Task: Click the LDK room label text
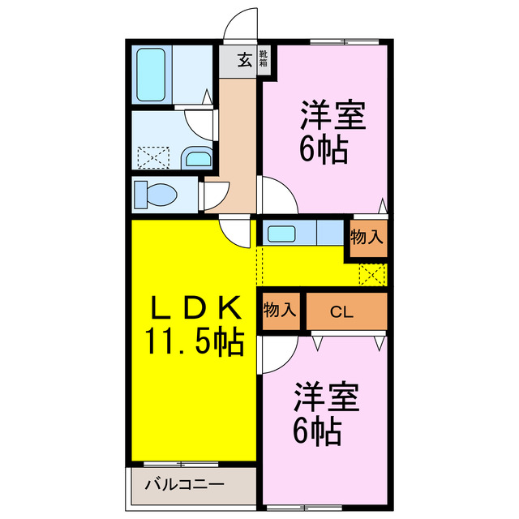pyautogui.click(x=195, y=308)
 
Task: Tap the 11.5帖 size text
pyautogui.click(x=195, y=343)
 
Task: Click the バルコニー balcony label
pyautogui.click(x=184, y=487)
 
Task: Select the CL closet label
pyautogui.click(x=341, y=311)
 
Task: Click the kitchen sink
pyautogui.click(x=281, y=234)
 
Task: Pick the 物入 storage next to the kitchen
pyautogui.click(x=367, y=238)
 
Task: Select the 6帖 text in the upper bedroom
pyautogui.click(x=324, y=150)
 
